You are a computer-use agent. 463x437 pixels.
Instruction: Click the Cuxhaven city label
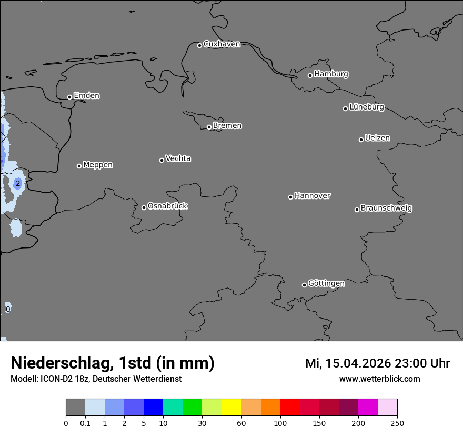point(222,44)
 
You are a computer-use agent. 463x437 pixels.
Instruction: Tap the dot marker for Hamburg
point(310,75)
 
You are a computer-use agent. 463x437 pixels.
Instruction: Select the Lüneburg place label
point(366,107)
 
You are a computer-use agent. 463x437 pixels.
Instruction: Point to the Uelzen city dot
point(361,140)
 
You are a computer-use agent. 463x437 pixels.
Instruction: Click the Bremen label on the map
point(227,126)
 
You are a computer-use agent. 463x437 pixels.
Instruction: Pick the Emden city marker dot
point(69,97)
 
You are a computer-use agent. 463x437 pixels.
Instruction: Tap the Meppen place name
point(98,165)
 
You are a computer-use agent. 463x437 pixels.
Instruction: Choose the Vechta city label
point(178,158)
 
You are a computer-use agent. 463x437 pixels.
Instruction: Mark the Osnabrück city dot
point(144,207)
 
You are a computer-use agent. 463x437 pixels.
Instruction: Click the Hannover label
point(313,196)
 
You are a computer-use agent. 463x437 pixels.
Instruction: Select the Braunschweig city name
point(386,208)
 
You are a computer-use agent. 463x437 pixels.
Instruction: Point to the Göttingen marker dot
point(304,285)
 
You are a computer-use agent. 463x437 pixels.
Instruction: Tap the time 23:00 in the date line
point(407,364)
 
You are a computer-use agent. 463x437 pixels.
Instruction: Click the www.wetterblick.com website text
point(379,379)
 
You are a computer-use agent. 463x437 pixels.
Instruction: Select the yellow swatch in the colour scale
point(231,408)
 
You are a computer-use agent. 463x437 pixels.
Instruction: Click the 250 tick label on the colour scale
point(397,423)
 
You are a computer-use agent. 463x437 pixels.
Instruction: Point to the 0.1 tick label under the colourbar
point(85,423)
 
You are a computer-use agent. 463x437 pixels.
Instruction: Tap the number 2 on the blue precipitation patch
point(18,183)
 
